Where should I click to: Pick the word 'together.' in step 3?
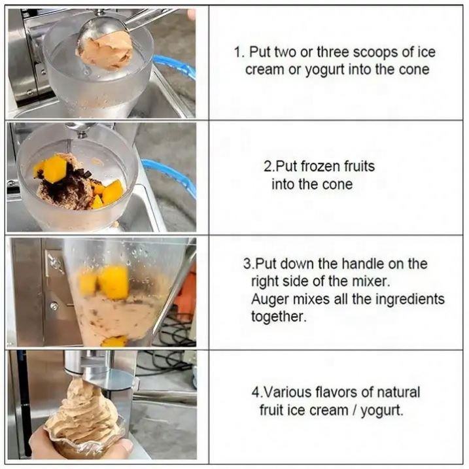279,317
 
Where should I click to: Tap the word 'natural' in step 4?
398,392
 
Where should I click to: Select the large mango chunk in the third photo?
114,282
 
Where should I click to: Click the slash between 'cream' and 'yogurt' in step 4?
355,410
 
